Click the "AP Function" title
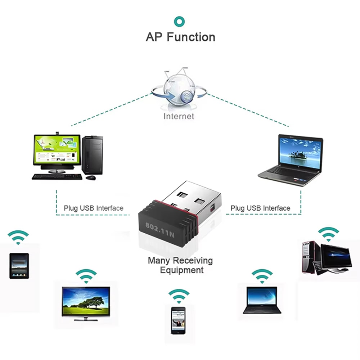click(180, 37)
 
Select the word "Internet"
click(179, 116)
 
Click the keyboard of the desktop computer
click(57, 177)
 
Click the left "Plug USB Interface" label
click(94, 208)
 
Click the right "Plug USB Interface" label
click(260, 208)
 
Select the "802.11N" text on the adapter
click(160, 229)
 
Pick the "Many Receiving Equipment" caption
click(180, 265)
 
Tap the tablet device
click(19, 266)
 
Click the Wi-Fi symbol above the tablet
click(18, 238)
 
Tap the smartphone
click(178, 320)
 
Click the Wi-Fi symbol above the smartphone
click(179, 296)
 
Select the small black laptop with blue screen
click(262, 300)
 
